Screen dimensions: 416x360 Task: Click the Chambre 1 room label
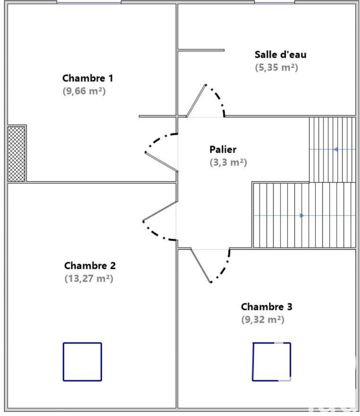[88, 78]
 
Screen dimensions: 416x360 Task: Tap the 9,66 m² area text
[84, 91]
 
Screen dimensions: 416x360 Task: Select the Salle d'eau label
[280, 55]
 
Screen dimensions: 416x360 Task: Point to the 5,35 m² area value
[277, 67]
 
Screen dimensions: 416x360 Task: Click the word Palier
[223, 150]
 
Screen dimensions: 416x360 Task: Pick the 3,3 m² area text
[228, 162]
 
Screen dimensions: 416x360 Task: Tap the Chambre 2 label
[90, 266]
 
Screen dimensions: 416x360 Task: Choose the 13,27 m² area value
[89, 279]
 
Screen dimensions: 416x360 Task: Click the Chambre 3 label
[267, 307]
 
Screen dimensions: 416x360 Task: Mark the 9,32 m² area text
[263, 320]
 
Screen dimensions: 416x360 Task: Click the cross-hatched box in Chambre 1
[16, 154]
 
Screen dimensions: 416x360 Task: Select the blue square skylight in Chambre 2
[82, 362]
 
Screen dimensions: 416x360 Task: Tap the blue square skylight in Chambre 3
[271, 362]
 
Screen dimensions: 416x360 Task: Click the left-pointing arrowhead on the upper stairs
[336, 149]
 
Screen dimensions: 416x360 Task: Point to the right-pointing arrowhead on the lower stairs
[302, 216]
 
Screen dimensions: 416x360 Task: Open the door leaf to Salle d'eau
[196, 101]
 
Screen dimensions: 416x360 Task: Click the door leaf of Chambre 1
[162, 162]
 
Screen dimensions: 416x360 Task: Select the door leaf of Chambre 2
[159, 211]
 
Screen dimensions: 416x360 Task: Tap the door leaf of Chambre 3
[201, 265]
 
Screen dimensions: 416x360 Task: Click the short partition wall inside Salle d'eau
[201, 50]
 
